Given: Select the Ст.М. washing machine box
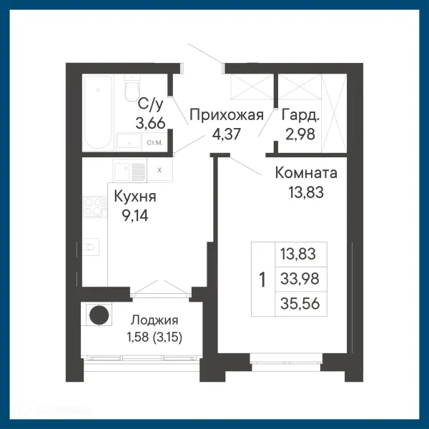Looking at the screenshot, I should pyautogui.click(x=153, y=142).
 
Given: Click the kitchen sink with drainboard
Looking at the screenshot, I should pyautogui.click(x=129, y=172).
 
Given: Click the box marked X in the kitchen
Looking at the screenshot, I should pyautogui.click(x=159, y=171).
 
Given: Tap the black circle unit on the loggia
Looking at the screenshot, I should pyautogui.click(x=98, y=315).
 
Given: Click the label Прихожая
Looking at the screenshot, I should pyautogui.click(x=227, y=115).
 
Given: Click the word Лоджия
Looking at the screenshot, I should pyautogui.click(x=154, y=320).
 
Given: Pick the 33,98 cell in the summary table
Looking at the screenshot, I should pyautogui.click(x=300, y=278).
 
